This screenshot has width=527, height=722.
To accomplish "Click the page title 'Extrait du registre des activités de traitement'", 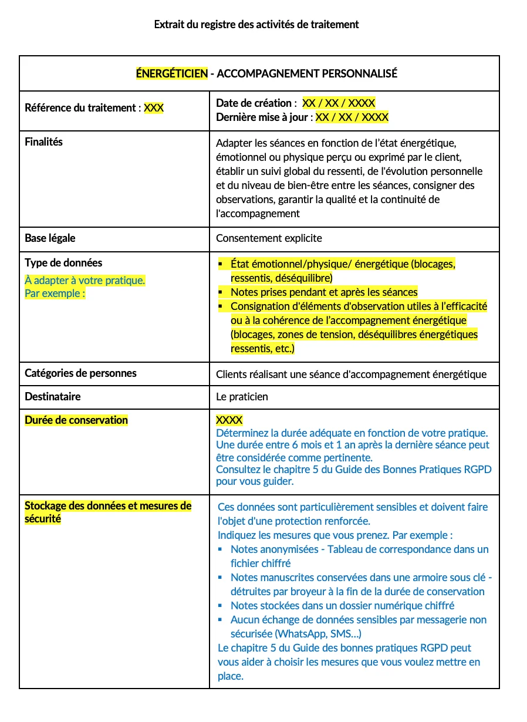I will (256, 25).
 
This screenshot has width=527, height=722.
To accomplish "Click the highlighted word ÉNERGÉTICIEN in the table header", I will (172, 73).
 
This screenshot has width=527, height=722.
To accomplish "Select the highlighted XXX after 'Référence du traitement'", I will (154, 108).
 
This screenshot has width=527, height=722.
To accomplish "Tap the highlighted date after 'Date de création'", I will (339, 103).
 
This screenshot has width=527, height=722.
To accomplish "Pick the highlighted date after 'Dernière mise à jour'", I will (352, 117).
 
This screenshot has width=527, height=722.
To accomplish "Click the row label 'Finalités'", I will (43, 142).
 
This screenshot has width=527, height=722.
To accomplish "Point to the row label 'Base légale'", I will (50, 238).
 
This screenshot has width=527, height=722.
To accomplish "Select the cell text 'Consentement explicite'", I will (269, 238).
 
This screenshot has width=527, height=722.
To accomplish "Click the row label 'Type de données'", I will (63, 263).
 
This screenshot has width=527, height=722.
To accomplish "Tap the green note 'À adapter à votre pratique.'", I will (85, 281).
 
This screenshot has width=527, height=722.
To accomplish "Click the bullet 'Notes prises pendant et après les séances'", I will (324, 292).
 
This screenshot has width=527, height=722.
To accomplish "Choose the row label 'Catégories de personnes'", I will (80, 373).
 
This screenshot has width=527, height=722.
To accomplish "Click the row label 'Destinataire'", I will (53, 397).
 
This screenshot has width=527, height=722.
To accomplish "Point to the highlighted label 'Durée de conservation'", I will (76, 420).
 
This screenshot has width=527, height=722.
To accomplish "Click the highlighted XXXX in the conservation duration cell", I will (229, 420).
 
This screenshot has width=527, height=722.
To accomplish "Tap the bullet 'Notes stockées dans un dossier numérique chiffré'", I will (342, 606).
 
